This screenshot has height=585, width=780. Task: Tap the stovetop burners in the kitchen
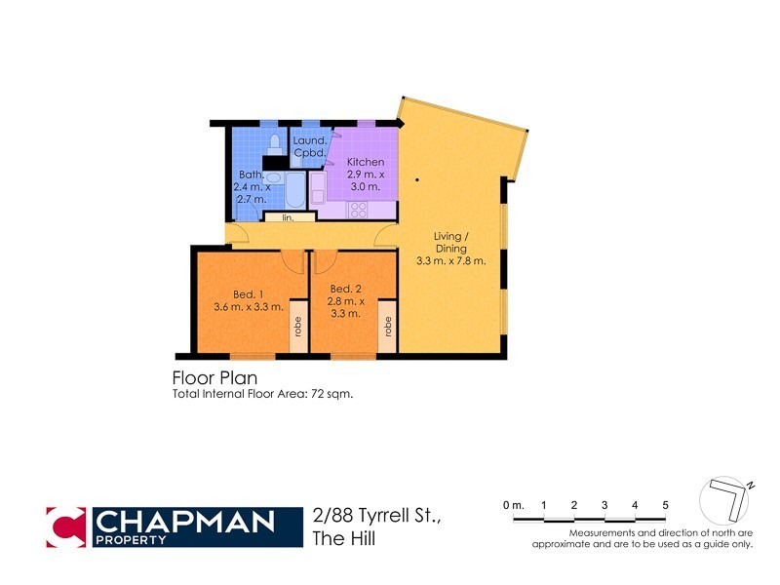coord(358,208)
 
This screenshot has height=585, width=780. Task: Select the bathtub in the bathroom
coord(293,188)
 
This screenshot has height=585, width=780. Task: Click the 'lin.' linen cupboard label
coord(288,217)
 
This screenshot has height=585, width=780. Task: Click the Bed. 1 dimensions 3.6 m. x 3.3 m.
coord(248,307)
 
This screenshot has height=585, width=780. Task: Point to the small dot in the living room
coord(416,179)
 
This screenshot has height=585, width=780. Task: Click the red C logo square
coord(65,526)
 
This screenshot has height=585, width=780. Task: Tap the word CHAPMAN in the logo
coord(185,521)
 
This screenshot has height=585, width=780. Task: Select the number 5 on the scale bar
coord(665,504)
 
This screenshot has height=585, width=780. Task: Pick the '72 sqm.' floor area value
coord(331,394)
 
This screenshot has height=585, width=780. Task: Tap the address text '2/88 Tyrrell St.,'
coord(376,516)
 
